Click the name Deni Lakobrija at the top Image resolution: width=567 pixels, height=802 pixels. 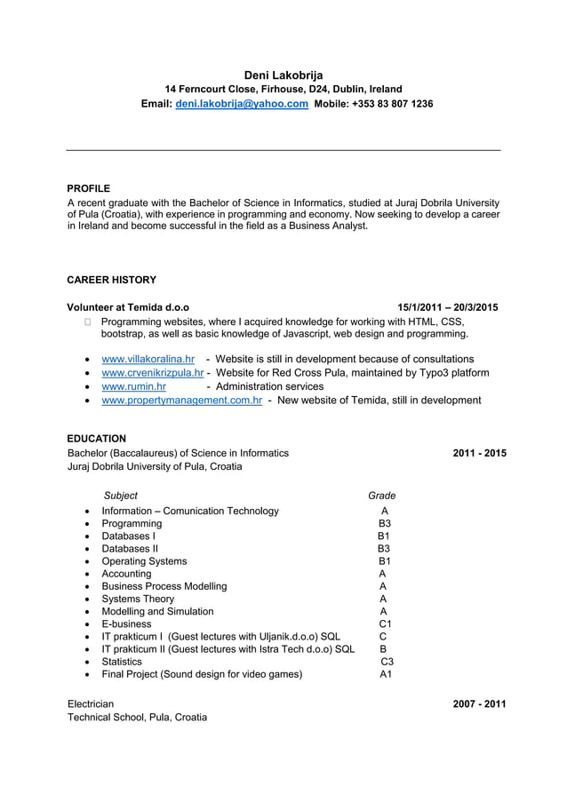tap(283, 75)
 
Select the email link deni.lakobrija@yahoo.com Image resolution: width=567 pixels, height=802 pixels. tap(242, 104)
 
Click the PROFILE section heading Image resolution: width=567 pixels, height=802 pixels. tap(89, 188)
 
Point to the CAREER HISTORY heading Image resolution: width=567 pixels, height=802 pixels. tap(112, 280)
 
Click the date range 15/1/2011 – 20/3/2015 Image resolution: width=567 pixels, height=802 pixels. tap(447, 307)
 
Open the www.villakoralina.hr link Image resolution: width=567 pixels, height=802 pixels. tap(148, 359)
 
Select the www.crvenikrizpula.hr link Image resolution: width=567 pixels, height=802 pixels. tap(153, 372)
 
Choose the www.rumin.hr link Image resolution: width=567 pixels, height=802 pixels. tap(133, 386)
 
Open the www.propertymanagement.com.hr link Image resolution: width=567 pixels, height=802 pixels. tap(181, 401)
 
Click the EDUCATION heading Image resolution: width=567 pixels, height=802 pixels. tap(97, 439)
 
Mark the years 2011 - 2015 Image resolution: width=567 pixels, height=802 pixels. tap(479, 453)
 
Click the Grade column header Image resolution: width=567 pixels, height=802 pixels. tap(382, 496)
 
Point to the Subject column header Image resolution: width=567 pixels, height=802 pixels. tap(121, 496)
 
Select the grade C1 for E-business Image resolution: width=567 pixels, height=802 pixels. tap(386, 624)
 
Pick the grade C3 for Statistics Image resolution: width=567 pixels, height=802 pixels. tap(387, 662)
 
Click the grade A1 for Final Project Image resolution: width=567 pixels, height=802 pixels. tap(386, 674)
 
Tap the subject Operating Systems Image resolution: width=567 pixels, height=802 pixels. tap(144, 561)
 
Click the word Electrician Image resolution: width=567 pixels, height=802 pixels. tap(91, 704)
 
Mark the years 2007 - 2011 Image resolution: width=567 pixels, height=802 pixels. tap(479, 704)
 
